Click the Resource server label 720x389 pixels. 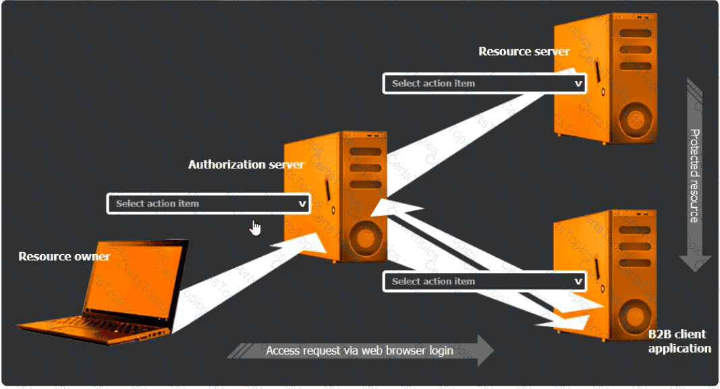pos(524,51)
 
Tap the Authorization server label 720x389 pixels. pos(246,164)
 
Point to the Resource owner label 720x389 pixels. pos(64,256)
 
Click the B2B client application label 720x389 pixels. pos(679,341)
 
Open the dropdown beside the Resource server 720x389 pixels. pos(484,84)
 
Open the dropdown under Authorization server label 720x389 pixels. pos(208,204)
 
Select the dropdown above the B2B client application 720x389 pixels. pos(484,282)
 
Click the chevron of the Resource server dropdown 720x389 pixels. pos(578,84)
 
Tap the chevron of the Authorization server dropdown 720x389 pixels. pos(302,204)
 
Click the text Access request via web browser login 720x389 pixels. pos(359,351)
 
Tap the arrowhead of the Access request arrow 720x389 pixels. pos(484,351)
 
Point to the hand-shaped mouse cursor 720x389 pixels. pos(256,228)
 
